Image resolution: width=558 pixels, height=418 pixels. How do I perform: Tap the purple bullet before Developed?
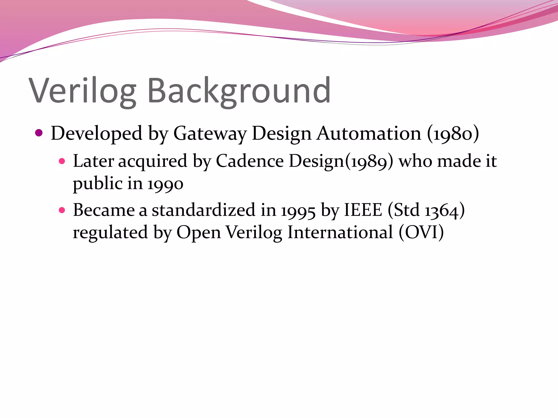pyautogui.click(x=39, y=133)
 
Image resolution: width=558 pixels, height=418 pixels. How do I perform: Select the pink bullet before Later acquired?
pyautogui.click(x=62, y=161)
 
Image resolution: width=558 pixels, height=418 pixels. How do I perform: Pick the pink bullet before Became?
pyautogui.click(x=62, y=210)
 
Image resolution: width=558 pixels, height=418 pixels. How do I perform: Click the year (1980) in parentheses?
pyautogui.click(x=453, y=133)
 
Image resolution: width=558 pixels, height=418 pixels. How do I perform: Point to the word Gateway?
pyautogui.click(x=210, y=133)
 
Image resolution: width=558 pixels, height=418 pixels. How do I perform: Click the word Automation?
pyautogui.click(x=369, y=133)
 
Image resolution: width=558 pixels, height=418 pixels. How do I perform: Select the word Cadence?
pyautogui.click(x=250, y=161)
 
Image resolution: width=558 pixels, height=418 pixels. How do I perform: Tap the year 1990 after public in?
pyautogui.click(x=165, y=184)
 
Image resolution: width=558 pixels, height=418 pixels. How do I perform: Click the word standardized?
pyautogui.click(x=203, y=210)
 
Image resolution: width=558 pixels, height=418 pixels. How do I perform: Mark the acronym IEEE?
pyautogui.click(x=363, y=210)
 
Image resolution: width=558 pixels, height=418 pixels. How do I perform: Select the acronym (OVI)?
pyautogui.click(x=421, y=232)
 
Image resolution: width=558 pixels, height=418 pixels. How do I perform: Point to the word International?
pyautogui.click(x=340, y=232)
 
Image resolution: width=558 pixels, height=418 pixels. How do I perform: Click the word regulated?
pyautogui.click(x=110, y=232)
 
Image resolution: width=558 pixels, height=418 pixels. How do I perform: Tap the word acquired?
pyautogui.click(x=153, y=161)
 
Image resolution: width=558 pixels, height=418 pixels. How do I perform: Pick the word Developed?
pyautogui.click(x=96, y=133)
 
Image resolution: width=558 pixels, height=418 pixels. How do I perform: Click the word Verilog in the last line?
pyautogui.click(x=254, y=232)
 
